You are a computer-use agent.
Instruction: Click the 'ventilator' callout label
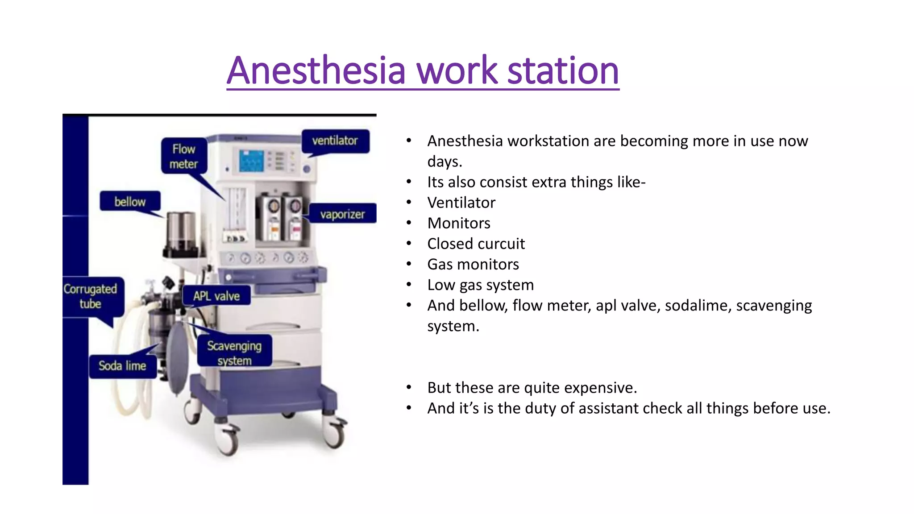coord(335,141)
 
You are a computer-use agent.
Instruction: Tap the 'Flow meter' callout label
coord(184,156)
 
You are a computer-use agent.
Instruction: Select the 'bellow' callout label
coord(130,202)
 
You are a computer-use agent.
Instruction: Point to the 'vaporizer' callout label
coord(342,214)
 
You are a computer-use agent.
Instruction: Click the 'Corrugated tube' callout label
coord(91,296)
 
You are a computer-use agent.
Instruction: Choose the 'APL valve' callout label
coord(216,296)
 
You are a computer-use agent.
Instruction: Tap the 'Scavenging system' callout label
coord(234,352)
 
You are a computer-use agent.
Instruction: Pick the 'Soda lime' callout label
coord(122,366)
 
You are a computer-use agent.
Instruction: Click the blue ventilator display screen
coord(251,161)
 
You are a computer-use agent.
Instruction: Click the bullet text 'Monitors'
coord(459,223)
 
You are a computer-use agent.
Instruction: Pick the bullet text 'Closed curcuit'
coord(476,244)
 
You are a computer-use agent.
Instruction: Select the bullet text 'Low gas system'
coord(480,285)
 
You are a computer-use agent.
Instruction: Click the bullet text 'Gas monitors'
coord(473,264)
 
